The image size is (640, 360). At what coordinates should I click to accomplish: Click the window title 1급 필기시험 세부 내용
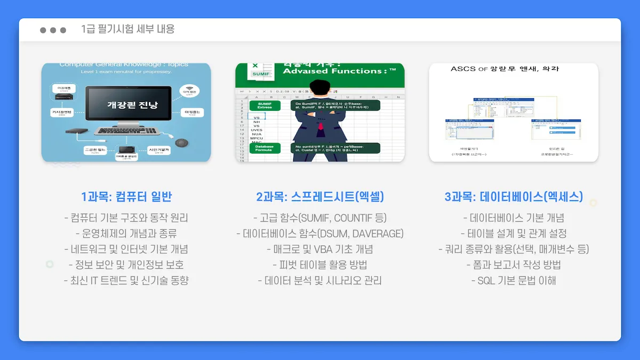tap(128, 29)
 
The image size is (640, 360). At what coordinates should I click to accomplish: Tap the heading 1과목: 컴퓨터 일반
tap(126, 197)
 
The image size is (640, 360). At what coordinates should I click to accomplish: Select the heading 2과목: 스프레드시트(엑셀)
tap(320, 197)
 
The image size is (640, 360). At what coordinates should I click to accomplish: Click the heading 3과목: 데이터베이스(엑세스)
tap(514, 197)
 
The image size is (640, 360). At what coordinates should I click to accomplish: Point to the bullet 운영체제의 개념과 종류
tap(126, 234)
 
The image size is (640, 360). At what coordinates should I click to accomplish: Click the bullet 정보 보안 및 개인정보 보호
tap(126, 265)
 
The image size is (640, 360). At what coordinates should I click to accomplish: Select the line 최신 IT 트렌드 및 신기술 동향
tap(126, 280)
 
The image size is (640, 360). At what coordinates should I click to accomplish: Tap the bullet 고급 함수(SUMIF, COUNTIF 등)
tap(320, 218)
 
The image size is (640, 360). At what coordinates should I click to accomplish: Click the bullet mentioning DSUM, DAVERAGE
tap(320, 234)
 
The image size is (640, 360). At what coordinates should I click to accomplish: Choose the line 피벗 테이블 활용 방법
tap(320, 265)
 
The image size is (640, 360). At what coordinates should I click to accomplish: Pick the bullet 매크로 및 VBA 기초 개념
tap(320, 249)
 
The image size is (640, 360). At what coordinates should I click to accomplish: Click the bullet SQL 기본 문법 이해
tap(514, 280)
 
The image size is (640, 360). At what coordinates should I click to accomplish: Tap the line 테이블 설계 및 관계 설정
tap(514, 234)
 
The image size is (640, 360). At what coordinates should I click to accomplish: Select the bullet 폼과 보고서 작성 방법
tap(514, 265)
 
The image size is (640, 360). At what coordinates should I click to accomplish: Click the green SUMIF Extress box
tap(265, 105)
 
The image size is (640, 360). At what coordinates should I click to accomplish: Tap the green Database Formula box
tap(265, 148)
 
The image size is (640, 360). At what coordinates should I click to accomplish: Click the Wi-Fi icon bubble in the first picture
tap(189, 91)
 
